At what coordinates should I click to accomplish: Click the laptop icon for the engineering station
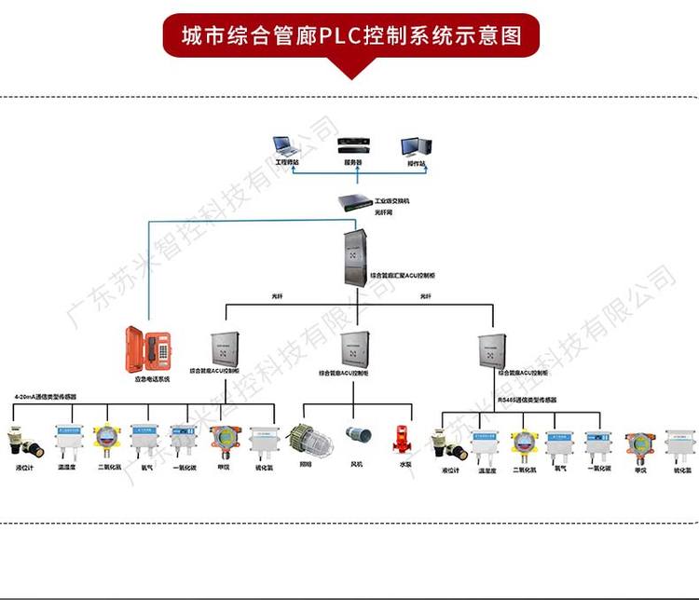pyautogui.click(x=284, y=148)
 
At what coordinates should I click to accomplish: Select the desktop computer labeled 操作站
pyautogui.click(x=414, y=147)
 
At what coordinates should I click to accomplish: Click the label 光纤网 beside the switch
pyautogui.click(x=383, y=212)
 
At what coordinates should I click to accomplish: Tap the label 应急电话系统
pyautogui.click(x=151, y=379)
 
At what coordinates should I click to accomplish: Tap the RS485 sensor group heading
pyautogui.click(x=527, y=399)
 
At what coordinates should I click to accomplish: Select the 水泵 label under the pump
pyautogui.click(x=405, y=463)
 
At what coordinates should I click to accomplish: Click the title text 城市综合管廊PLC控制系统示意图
pyautogui.click(x=350, y=35)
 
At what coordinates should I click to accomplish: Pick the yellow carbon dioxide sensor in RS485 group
pyautogui.click(x=524, y=443)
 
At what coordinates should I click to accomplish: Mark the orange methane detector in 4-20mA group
pyautogui.click(x=223, y=439)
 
